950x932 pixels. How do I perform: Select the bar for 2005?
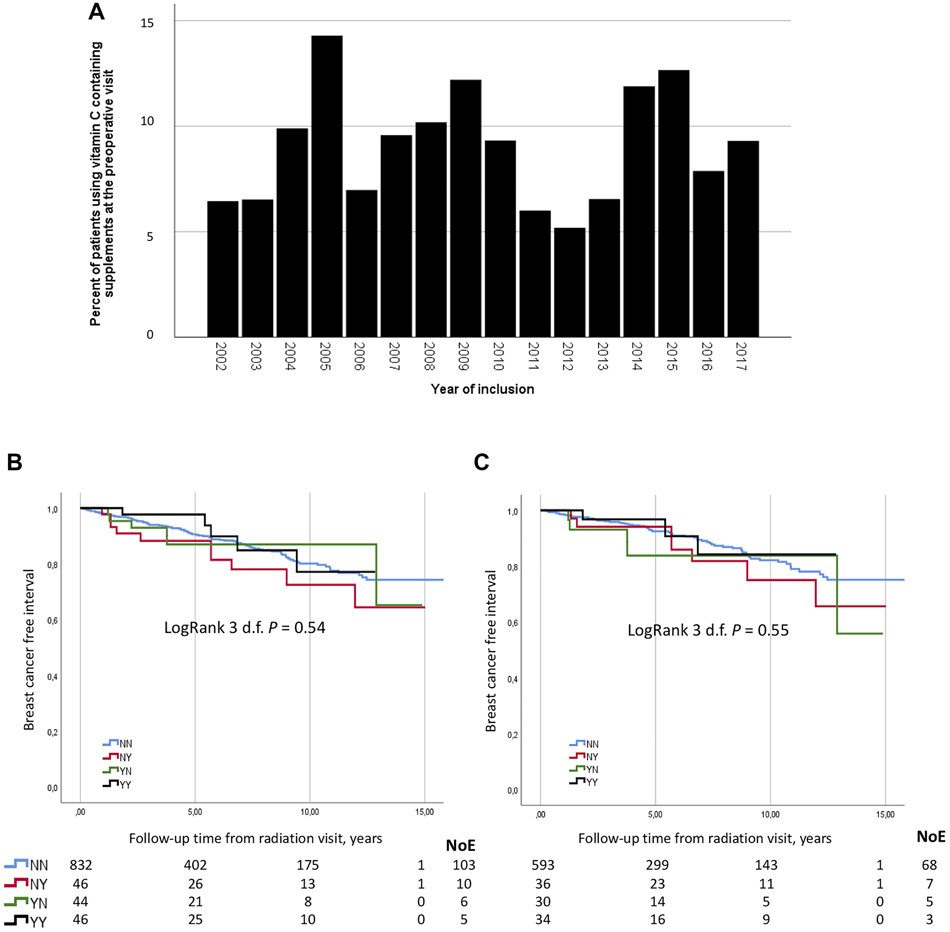[326, 187]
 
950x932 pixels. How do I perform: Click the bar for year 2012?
[569, 283]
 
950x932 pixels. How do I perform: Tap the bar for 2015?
[674, 204]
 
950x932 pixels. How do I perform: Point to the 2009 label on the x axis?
[464, 356]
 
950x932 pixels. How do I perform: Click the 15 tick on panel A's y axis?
[147, 23]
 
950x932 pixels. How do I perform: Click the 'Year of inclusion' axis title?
[482, 389]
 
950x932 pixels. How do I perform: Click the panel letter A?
[96, 12]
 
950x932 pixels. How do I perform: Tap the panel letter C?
[482, 462]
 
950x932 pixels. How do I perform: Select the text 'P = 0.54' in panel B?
[297, 628]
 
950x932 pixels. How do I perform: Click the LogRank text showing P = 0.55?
[708, 630]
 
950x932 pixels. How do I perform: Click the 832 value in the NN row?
[81, 865]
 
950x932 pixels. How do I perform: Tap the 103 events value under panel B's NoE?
[464, 865]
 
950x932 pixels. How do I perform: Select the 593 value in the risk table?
[543, 865]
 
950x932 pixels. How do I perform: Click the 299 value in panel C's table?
[657, 865]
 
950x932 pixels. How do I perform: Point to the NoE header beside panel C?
[931, 837]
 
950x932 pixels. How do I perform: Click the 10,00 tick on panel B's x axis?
[309, 812]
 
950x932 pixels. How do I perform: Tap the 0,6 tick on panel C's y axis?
[513, 623]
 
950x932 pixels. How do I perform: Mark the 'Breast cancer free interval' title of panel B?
[29, 649]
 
